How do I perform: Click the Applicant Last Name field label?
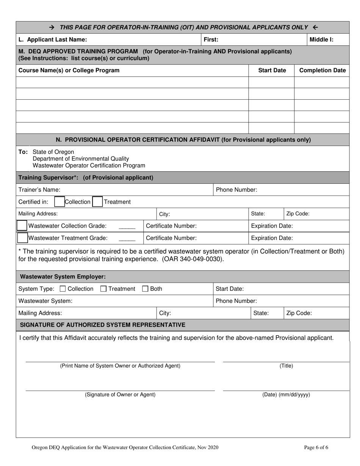pyautogui.click(x=52, y=39)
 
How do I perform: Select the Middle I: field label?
pyautogui.click(x=322, y=39)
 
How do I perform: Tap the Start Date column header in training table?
pyautogui.click(x=272, y=70)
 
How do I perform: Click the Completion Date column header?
pyautogui.click(x=322, y=70)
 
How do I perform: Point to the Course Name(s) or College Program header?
pyautogui.click(x=69, y=70)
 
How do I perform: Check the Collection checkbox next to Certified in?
pyautogui.click(x=59, y=202)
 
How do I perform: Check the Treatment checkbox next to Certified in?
pyautogui.click(x=97, y=202)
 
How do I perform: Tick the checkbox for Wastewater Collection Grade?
pyautogui.click(x=22, y=226)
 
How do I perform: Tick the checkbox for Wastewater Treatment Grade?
pyautogui.click(x=22, y=238)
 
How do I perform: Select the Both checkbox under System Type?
pyautogui.click(x=145, y=289)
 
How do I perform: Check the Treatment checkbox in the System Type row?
pyautogui.click(x=103, y=289)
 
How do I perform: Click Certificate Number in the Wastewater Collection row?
pyautogui.click(x=171, y=226)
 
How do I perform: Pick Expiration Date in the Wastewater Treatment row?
pyautogui.click(x=271, y=238)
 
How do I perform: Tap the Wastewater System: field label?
pyautogui.click(x=45, y=301)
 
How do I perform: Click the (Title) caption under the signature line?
pyautogui.click(x=286, y=366)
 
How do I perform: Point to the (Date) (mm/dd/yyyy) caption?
pyautogui.click(x=286, y=395)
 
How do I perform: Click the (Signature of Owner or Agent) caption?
pyautogui.click(x=120, y=395)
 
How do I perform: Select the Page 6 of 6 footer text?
pyautogui.click(x=316, y=448)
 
